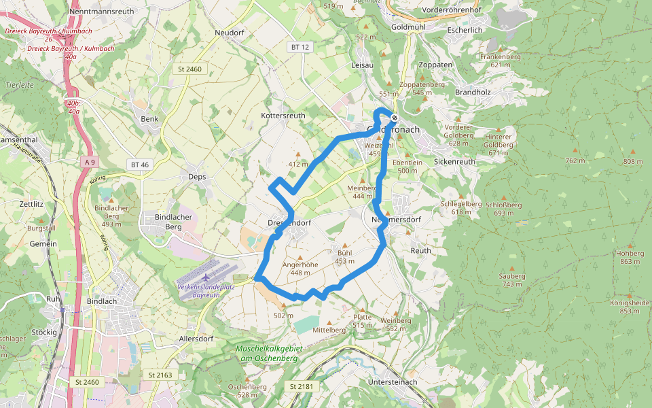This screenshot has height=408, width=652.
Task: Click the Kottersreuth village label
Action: tap(283, 116)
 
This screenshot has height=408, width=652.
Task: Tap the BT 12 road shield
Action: tap(300, 47)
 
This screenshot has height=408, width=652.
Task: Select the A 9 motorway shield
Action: tap(91, 161)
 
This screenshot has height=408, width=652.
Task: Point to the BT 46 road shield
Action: tap(139, 165)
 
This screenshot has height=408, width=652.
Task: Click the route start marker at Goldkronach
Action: tap(395, 118)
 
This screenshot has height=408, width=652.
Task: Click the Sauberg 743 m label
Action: tap(512, 279)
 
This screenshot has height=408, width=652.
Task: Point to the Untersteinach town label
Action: tap(392, 382)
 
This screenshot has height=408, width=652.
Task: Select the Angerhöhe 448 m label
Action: tap(300, 269)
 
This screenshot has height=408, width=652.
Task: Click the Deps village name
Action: tap(196, 176)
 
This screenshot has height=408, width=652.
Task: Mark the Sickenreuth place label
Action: tap(454, 163)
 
